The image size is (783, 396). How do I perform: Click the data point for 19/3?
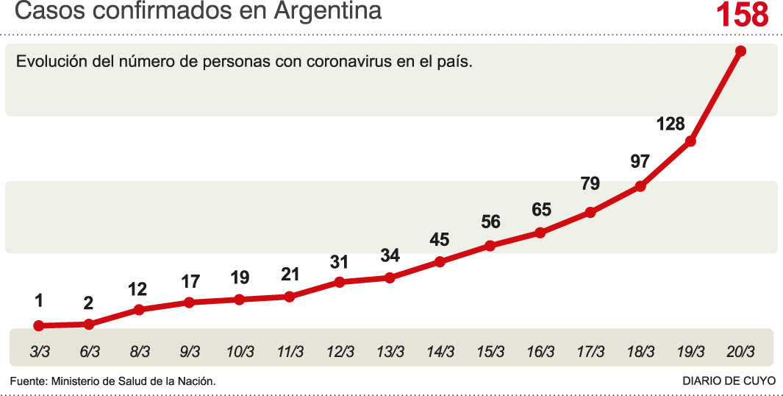(x=690, y=141)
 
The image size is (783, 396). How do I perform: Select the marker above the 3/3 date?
(x=39, y=325)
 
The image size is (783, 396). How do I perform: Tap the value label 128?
(x=671, y=124)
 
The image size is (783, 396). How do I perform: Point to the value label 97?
(x=640, y=161)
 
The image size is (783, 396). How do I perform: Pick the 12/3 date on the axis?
(x=340, y=352)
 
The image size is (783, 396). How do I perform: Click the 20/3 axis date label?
(x=740, y=352)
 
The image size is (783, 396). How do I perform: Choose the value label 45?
(x=440, y=239)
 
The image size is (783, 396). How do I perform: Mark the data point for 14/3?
(x=440, y=261)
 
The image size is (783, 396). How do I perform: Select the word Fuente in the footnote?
(x=27, y=381)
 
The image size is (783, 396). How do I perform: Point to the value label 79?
(x=590, y=184)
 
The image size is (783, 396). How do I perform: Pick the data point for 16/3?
(x=540, y=233)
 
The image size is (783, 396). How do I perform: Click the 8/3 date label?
(x=139, y=352)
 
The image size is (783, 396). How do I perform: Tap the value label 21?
(x=290, y=275)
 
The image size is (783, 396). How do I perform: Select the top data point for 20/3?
(x=740, y=51)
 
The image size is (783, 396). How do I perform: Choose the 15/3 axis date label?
(x=490, y=352)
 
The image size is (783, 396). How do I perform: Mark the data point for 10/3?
(x=239, y=300)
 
